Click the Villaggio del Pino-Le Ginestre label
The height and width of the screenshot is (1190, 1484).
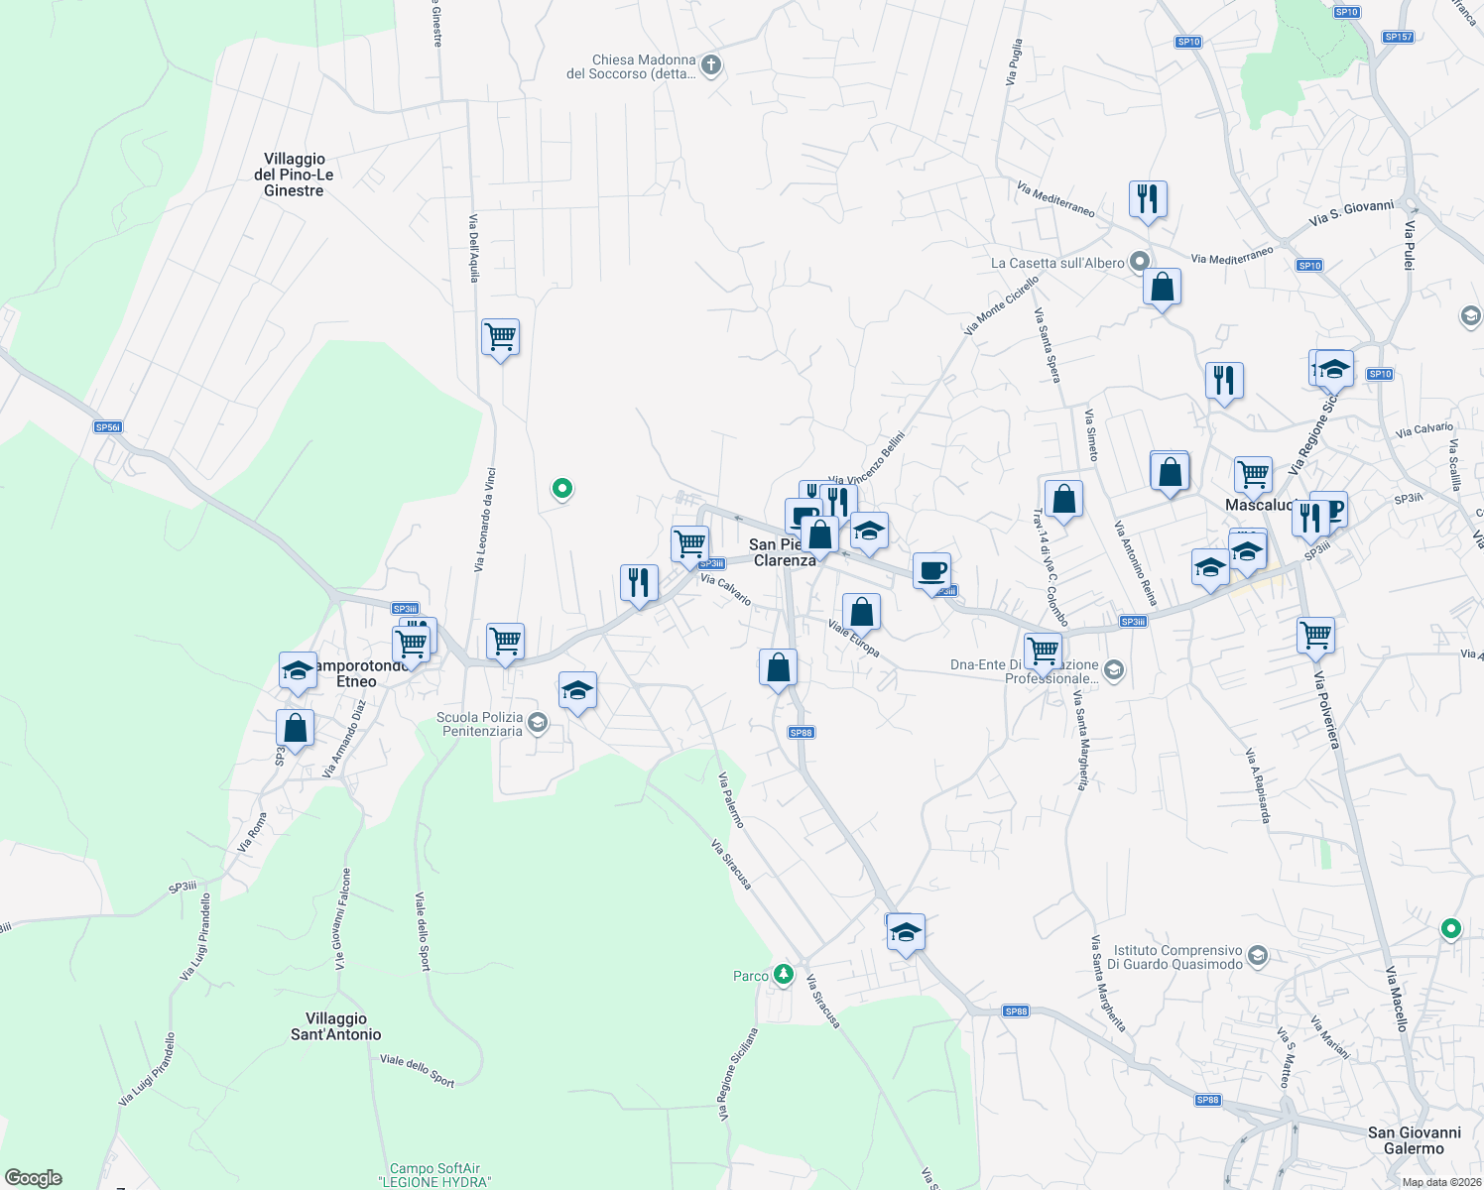point(294,175)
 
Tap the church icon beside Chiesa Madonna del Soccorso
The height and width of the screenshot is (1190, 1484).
point(710,66)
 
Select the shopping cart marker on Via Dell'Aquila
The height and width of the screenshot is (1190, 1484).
point(500,337)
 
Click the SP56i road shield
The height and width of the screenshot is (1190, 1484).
point(107,427)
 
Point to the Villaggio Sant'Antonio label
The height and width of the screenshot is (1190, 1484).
point(335,1026)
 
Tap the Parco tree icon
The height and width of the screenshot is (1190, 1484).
point(784,975)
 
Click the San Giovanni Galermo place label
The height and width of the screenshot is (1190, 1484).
point(1414,1140)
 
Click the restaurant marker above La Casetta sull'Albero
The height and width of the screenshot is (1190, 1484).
point(1147,198)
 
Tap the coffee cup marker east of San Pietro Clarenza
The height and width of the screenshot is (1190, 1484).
point(930,571)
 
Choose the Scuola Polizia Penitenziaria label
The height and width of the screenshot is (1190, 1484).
point(479,724)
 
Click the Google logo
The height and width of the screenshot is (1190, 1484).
point(34,1178)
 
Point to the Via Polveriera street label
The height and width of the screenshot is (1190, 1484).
point(1326,710)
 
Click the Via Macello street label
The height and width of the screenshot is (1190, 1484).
point(1396,999)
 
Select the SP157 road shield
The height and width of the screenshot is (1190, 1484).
point(1398,37)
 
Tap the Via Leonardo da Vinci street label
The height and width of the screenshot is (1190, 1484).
point(484,520)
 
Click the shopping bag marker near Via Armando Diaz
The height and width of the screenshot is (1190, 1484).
point(295,728)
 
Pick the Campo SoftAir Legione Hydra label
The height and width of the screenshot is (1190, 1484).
point(434,1175)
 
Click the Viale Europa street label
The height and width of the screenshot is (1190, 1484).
point(853,639)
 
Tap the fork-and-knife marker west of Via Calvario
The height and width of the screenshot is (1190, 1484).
point(639,582)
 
